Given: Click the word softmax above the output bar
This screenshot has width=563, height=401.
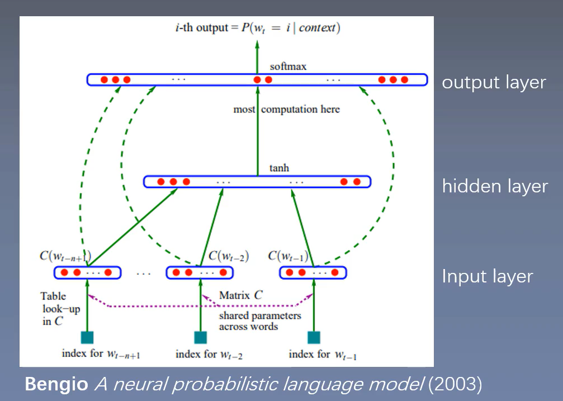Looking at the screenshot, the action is tap(288, 67).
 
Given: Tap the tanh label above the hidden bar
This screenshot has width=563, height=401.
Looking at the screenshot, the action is tap(279, 168).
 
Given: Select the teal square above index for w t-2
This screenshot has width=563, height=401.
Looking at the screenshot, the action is tap(200, 338).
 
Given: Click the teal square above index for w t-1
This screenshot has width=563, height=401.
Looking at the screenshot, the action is tap(314, 338).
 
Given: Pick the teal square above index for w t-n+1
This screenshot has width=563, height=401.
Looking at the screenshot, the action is tap(87, 338).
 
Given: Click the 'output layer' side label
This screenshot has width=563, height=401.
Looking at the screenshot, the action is tap(494, 82).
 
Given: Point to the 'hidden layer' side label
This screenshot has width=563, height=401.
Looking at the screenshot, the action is tap(495, 186).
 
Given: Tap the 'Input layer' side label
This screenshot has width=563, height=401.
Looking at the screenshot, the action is tap(487, 276).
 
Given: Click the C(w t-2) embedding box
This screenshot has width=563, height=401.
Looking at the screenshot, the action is tap(200, 273).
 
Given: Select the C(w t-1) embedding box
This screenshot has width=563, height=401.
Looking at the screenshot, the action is tap(313, 273).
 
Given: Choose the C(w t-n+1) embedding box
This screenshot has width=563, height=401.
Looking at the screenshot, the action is tap(88, 273).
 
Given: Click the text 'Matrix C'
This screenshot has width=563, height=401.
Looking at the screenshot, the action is tap(241, 295).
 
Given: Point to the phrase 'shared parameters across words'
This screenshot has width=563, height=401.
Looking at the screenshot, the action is tap(260, 321).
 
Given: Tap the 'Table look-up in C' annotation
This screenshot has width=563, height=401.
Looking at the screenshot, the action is tap(60, 309).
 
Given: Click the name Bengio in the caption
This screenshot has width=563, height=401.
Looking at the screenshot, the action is tap(56, 384).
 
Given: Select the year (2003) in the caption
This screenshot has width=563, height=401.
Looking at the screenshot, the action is tap(455, 384).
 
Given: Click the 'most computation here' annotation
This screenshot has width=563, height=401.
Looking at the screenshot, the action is tap(286, 109).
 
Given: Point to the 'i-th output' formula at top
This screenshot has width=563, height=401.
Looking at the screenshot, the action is tap(258, 27).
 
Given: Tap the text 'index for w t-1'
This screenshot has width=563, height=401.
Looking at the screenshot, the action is tap(323, 355).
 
